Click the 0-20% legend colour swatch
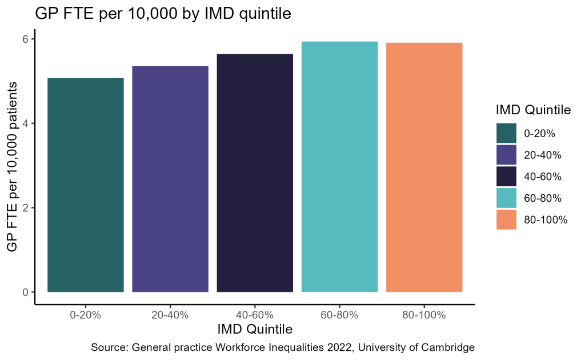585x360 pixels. pyautogui.click(x=506, y=134)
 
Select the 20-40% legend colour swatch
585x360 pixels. pyautogui.click(x=506, y=155)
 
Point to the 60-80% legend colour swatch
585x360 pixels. pyautogui.click(x=506, y=198)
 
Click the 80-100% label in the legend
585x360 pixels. pyautogui.click(x=546, y=220)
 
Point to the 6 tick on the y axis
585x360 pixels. pyautogui.click(x=26, y=39)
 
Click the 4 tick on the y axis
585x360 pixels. pyautogui.click(x=26, y=123)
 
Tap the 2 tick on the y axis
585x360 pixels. pyautogui.click(x=26, y=207)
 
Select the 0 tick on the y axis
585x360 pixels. pyautogui.click(x=26, y=292)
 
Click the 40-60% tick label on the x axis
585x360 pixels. pyautogui.click(x=255, y=315)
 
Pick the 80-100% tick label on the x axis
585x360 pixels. pyautogui.click(x=424, y=315)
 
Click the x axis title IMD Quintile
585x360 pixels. pyautogui.click(x=255, y=330)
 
